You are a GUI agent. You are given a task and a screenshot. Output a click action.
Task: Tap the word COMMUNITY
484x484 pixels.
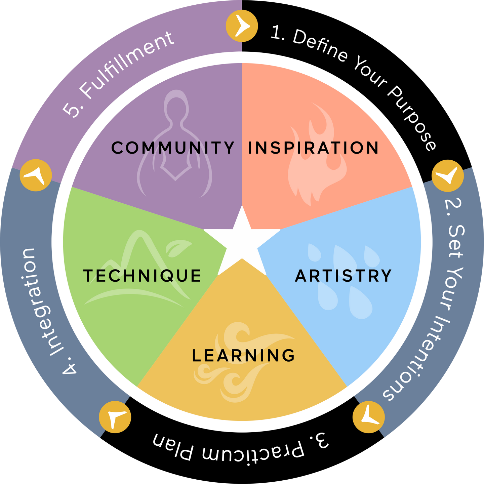tap(173, 148)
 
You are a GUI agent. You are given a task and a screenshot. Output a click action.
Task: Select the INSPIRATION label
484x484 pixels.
tap(313, 148)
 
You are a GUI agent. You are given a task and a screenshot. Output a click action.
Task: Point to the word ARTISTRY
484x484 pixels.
tap(343, 276)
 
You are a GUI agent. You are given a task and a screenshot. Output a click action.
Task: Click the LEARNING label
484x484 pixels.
tap(243, 356)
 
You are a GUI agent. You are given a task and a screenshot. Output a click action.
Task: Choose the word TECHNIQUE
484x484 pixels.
tap(142, 276)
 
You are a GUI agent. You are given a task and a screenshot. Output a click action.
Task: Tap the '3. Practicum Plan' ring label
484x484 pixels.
tap(240, 449)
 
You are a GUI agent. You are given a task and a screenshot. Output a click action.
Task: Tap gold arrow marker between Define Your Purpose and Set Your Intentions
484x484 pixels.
tap(447, 176)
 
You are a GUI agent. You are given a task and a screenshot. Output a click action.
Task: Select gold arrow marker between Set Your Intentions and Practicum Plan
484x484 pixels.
tap(369, 417)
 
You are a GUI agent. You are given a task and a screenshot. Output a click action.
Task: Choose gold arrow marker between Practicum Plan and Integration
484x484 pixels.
tap(115, 417)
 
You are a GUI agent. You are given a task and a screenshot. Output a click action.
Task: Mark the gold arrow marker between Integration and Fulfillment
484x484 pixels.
tap(36, 175)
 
